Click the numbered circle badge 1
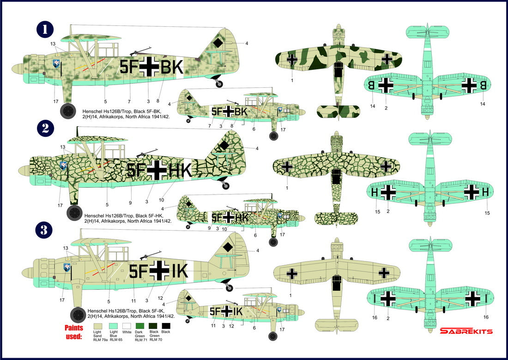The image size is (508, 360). pyautogui.click(x=45, y=29)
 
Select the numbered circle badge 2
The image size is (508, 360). pyautogui.click(x=45, y=128)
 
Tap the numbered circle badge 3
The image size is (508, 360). pyautogui.click(x=45, y=230)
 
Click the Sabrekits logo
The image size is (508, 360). pyautogui.click(x=466, y=331)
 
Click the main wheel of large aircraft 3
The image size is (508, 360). pyautogui.click(x=78, y=316)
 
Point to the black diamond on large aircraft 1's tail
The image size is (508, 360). pyautogui.click(x=217, y=43)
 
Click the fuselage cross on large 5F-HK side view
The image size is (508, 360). pyautogui.click(x=157, y=171)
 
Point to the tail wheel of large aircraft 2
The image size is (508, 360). pyautogui.click(x=225, y=186)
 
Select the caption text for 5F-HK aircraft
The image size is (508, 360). pyautogui.click(x=127, y=218)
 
